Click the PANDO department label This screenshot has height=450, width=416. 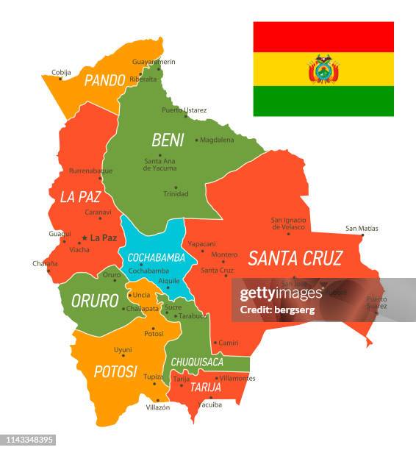(x=104, y=80)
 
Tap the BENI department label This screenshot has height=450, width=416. (x=167, y=140)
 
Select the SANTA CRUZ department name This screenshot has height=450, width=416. (x=295, y=258)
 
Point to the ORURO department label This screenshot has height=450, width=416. (x=95, y=301)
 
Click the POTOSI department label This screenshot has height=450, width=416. (x=115, y=371)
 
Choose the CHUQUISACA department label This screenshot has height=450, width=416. (x=197, y=362)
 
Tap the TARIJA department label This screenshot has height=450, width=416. (x=206, y=387)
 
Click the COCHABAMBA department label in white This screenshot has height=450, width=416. (x=156, y=257)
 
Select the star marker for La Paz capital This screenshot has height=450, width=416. (x=85, y=238)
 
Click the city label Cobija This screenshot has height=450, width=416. (x=61, y=72)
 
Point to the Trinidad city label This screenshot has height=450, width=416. (x=176, y=194)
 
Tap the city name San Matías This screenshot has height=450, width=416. (x=362, y=228)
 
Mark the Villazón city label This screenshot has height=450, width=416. (x=157, y=407)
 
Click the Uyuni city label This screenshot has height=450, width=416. (x=123, y=349)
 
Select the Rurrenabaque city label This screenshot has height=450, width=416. (x=90, y=171)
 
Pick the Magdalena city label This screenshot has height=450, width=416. (x=217, y=140)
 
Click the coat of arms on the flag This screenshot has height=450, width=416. (x=323, y=70)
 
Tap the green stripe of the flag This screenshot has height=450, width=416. (x=323, y=101)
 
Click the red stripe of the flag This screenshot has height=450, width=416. (x=323, y=37)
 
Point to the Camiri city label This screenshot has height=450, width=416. (x=229, y=343)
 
